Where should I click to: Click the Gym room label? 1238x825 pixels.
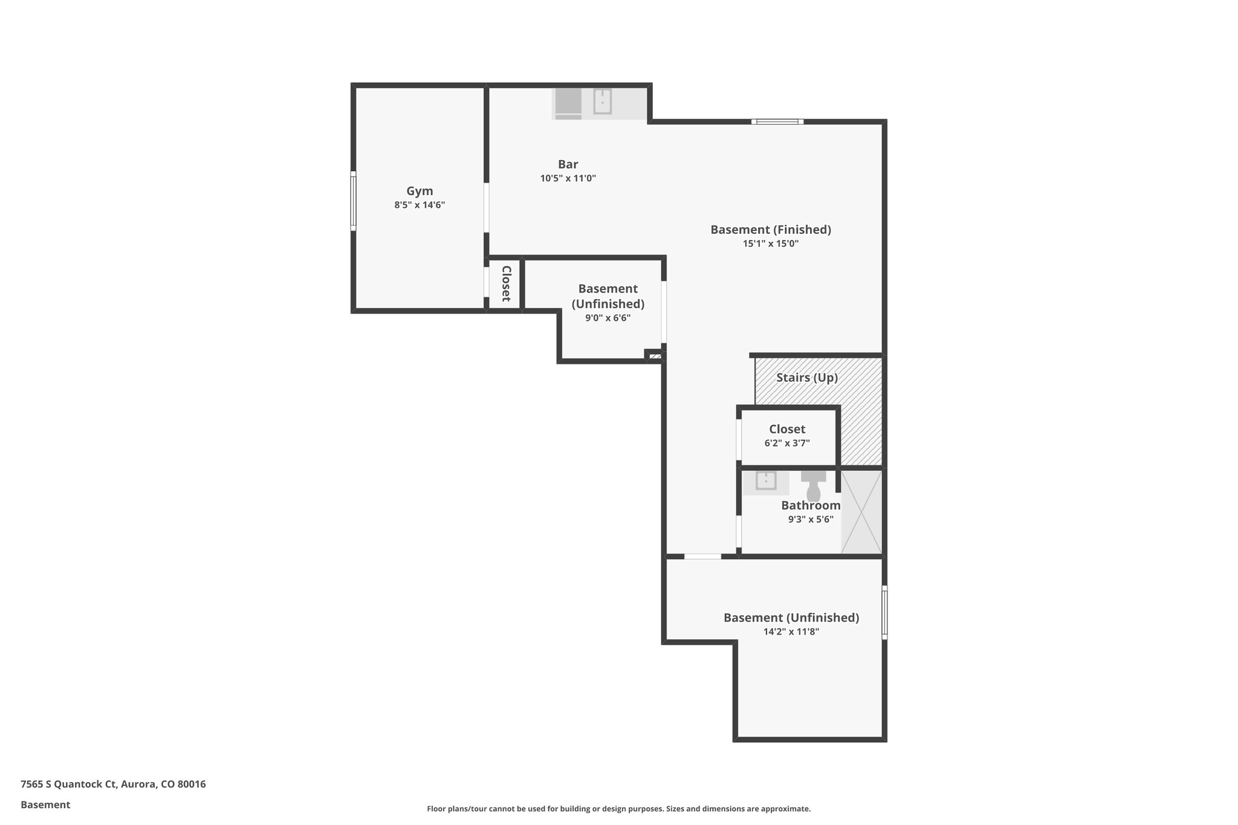point(420,191)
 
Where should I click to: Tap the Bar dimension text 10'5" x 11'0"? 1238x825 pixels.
point(568,178)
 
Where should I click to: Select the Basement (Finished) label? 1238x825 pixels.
point(770,230)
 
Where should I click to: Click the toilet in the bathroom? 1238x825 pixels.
point(813,486)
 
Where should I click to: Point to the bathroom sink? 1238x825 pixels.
point(766,482)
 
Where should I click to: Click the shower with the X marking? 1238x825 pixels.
point(861,512)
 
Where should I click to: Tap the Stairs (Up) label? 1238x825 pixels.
point(806,378)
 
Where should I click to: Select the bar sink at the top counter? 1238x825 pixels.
point(602,102)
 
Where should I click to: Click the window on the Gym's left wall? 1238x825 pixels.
point(353,201)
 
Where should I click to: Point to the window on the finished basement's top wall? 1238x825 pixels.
point(777,121)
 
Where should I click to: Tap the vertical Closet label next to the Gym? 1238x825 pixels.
point(506,283)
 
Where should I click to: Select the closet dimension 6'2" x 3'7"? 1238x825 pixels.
point(786,443)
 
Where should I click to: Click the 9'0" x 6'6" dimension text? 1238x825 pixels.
point(608,318)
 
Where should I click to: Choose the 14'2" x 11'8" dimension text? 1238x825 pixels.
point(791,632)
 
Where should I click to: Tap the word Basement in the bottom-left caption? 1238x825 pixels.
point(45,804)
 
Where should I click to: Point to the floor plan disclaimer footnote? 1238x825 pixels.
point(618,809)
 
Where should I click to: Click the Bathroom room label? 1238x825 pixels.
point(810,505)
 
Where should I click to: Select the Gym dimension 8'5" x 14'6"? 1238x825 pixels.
point(420,205)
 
